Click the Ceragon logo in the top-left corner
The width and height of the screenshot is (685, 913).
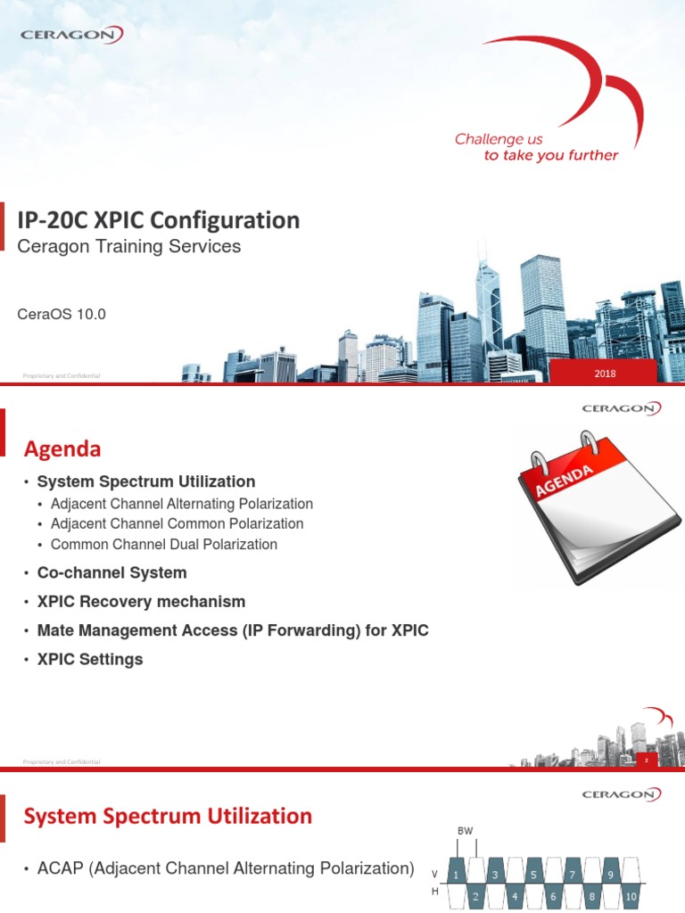[x=71, y=35]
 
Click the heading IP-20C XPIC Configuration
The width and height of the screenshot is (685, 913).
[x=159, y=220]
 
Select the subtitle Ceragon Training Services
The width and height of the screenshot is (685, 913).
[x=129, y=247]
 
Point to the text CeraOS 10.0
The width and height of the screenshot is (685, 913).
[x=62, y=314]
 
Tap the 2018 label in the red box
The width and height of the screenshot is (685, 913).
[x=605, y=374]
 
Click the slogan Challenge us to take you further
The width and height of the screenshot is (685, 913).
[x=536, y=147]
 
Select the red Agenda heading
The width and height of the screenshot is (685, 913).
[x=62, y=448]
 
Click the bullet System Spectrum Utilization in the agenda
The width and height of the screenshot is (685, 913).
[x=146, y=481]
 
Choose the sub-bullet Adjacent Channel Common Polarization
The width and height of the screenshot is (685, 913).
[x=177, y=524]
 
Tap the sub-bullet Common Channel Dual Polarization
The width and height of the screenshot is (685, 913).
[x=164, y=545]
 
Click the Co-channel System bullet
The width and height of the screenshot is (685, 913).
[x=112, y=572]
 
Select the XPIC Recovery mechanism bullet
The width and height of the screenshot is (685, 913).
[x=141, y=602]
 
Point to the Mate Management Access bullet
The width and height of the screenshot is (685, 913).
[x=233, y=630]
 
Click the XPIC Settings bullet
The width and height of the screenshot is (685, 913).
[x=90, y=660]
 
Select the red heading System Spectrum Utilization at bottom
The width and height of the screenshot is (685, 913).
[x=167, y=816]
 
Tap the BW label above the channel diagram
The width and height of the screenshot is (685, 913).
[x=465, y=831]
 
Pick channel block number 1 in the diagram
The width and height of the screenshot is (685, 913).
[x=457, y=875]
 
